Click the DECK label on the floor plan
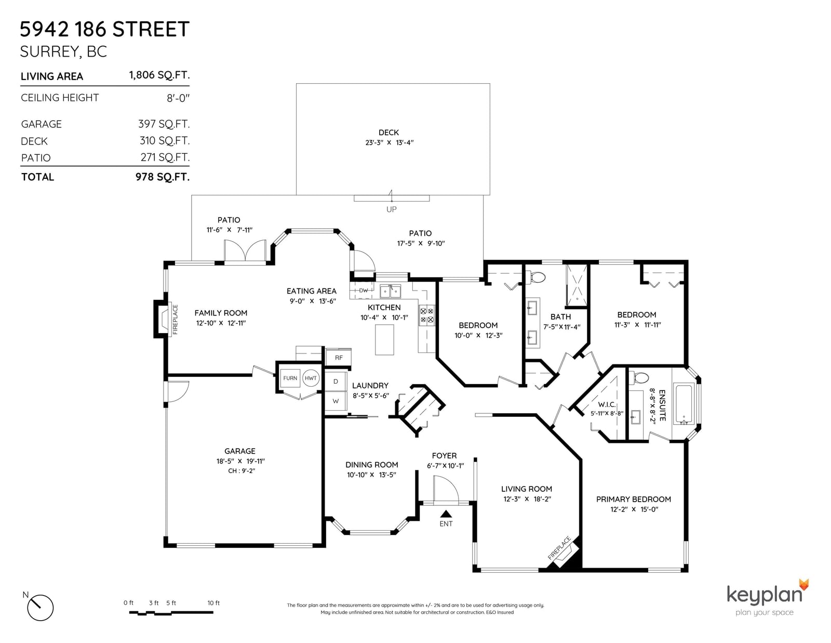click(388, 133)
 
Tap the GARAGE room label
click(240, 451)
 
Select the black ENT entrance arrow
click(446, 514)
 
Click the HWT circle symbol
click(311, 378)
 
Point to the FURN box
click(290, 378)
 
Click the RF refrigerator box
click(339, 358)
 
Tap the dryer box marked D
click(336, 382)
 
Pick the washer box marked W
click(336, 401)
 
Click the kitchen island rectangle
click(384, 339)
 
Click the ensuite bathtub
click(684, 404)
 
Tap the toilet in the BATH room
click(535, 277)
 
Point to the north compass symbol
click(40, 608)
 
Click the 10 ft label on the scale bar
click(213, 603)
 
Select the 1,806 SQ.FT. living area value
click(159, 75)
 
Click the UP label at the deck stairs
click(391, 209)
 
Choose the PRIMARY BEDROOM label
click(633, 499)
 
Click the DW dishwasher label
click(363, 291)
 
